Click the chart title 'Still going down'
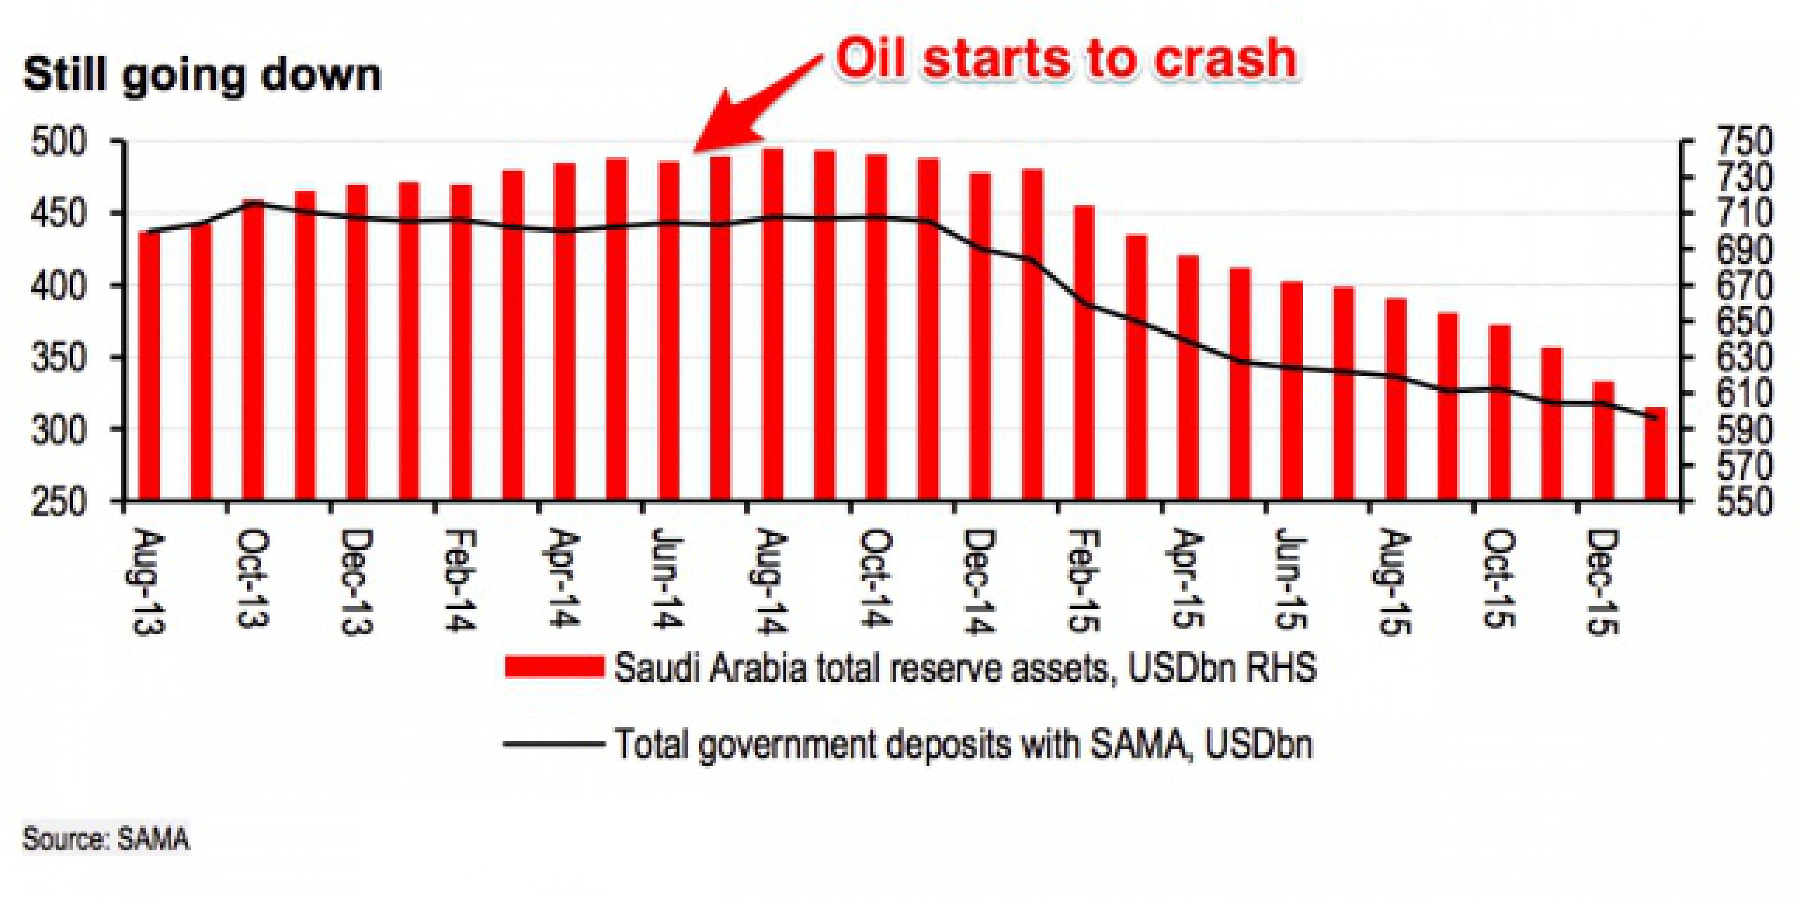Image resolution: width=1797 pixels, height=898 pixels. pyautogui.click(x=202, y=75)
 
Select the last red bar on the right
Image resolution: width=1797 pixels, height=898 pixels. pyautogui.click(x=1655, y=453)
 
